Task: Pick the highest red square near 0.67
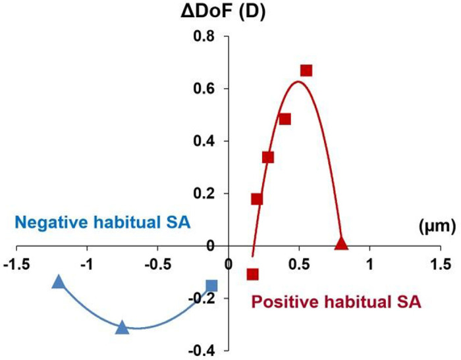pos(306,70)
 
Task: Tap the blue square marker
pos(211,286)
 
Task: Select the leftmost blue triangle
pos(58,282)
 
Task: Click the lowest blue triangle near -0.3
pos(122,327)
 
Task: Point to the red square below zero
pos(252,274)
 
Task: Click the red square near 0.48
pos(285,119)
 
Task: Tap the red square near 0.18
pos(257,199)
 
